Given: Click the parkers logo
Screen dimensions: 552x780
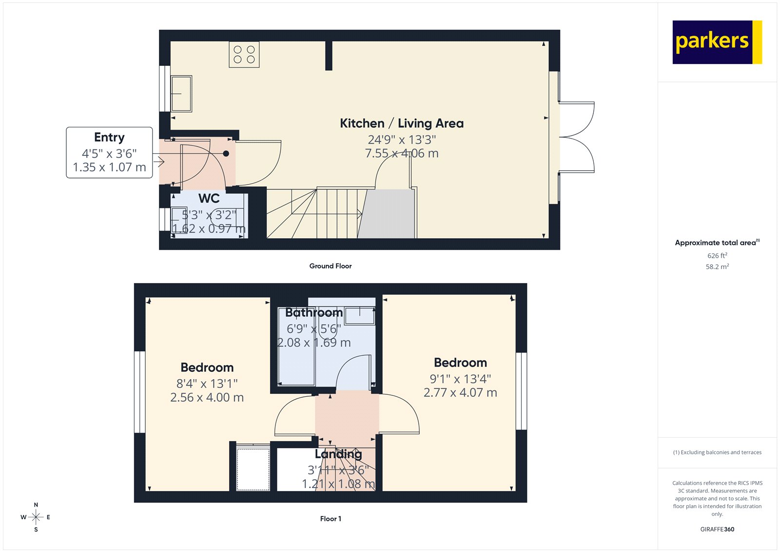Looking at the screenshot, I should click(717, 42).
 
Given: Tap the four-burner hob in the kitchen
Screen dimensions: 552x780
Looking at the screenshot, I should click(244, 54).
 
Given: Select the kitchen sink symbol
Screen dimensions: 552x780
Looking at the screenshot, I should click(181, 93).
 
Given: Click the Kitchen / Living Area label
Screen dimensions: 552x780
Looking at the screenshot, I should click(402, 123).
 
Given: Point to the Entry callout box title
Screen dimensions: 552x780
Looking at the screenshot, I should click(109, 138).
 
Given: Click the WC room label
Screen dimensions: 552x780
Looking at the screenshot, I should click(209, 199).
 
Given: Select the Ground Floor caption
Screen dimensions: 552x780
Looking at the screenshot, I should click(330, 266).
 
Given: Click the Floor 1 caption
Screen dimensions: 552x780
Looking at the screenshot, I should click(331, 519).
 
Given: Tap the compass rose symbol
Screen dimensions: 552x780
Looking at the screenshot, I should click(36, 517).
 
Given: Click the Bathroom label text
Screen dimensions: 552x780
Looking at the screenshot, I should click(314, 312).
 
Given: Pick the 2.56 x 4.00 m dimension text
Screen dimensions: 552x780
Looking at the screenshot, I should click(207, 398).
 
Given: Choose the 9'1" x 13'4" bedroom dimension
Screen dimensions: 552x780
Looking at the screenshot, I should click(460, 379).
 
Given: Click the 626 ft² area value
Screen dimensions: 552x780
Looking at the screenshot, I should click(717, 256).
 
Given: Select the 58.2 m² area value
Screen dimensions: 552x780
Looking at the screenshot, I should click(717, 267).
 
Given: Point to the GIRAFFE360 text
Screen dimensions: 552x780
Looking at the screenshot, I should click(717, 529).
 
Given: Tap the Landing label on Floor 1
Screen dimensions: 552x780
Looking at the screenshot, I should click(338, 454).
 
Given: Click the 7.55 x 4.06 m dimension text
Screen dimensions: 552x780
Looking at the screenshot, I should click(402, 154).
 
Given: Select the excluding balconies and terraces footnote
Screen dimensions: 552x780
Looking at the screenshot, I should click(717, 452).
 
